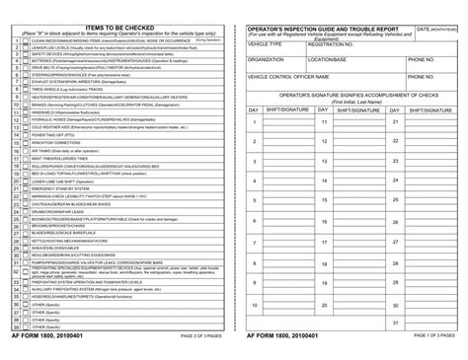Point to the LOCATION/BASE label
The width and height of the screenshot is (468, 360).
point(329,59)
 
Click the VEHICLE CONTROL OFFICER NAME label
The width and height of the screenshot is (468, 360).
point(292,75)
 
